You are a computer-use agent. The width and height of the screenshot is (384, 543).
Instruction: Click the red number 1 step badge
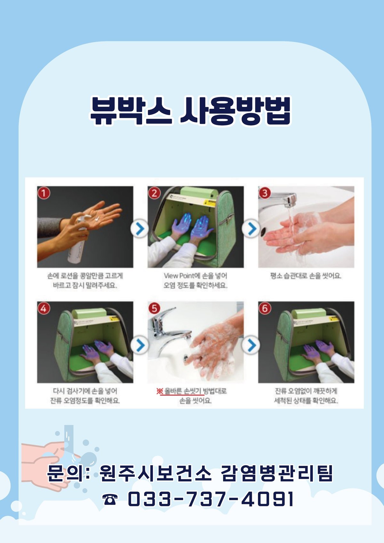point(44,193)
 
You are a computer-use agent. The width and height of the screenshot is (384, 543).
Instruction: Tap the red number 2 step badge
point(154,193)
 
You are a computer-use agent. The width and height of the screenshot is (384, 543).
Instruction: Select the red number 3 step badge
point(265,193)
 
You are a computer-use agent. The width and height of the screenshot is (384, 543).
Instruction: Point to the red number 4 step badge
point(44,308)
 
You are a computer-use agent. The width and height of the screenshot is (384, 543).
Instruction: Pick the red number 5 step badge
point(154,308)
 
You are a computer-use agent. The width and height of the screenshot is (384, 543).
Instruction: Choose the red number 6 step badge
point(265,308)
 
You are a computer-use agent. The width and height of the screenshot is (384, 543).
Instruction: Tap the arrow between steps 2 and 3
point(251,228)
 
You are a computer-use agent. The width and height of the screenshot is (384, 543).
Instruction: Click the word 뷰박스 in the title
point(131,111)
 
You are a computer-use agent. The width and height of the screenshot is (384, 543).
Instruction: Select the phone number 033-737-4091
point(210,499)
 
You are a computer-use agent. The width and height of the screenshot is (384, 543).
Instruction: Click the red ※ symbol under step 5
point(159,391)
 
